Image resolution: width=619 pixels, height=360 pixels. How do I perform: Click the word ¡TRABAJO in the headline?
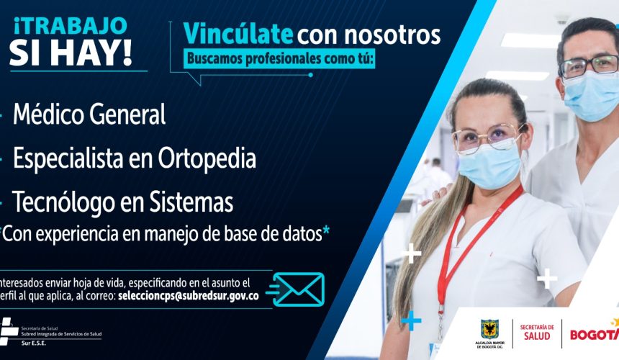71,26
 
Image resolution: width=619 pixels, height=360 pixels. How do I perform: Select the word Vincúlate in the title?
238,34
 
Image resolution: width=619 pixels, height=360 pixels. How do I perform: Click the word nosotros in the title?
392,35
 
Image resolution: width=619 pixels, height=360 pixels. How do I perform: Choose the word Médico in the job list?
48,114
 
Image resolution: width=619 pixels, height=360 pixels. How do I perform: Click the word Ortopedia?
207,159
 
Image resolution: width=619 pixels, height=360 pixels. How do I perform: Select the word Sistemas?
191,202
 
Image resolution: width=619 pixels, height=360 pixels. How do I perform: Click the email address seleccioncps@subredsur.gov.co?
189,296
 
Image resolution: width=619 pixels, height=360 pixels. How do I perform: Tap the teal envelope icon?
296,289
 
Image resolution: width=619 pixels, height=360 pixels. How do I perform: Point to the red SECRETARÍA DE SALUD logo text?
537,333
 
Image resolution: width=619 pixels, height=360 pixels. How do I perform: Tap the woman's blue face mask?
490,166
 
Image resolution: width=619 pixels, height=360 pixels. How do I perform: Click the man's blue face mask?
591,96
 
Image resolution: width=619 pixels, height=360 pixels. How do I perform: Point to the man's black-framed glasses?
589,66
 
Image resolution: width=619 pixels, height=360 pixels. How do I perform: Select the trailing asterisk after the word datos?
326,231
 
